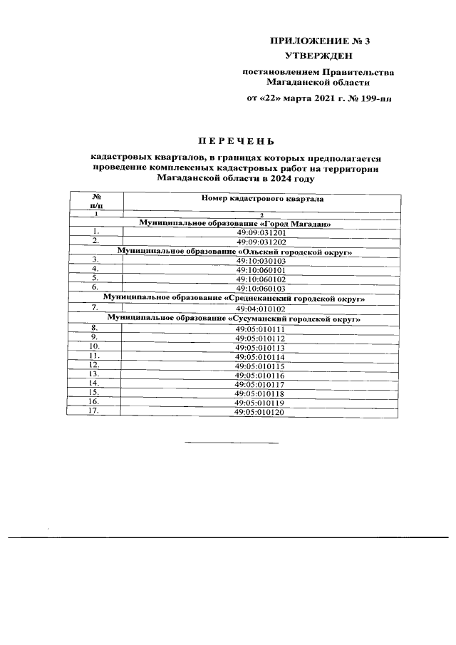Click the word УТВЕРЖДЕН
point(317,55)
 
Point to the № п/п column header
point(95,200)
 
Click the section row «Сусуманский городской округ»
point(234,319)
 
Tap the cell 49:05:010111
point(260,329)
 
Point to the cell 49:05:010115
point(260,366)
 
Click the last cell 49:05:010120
point(260,412)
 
